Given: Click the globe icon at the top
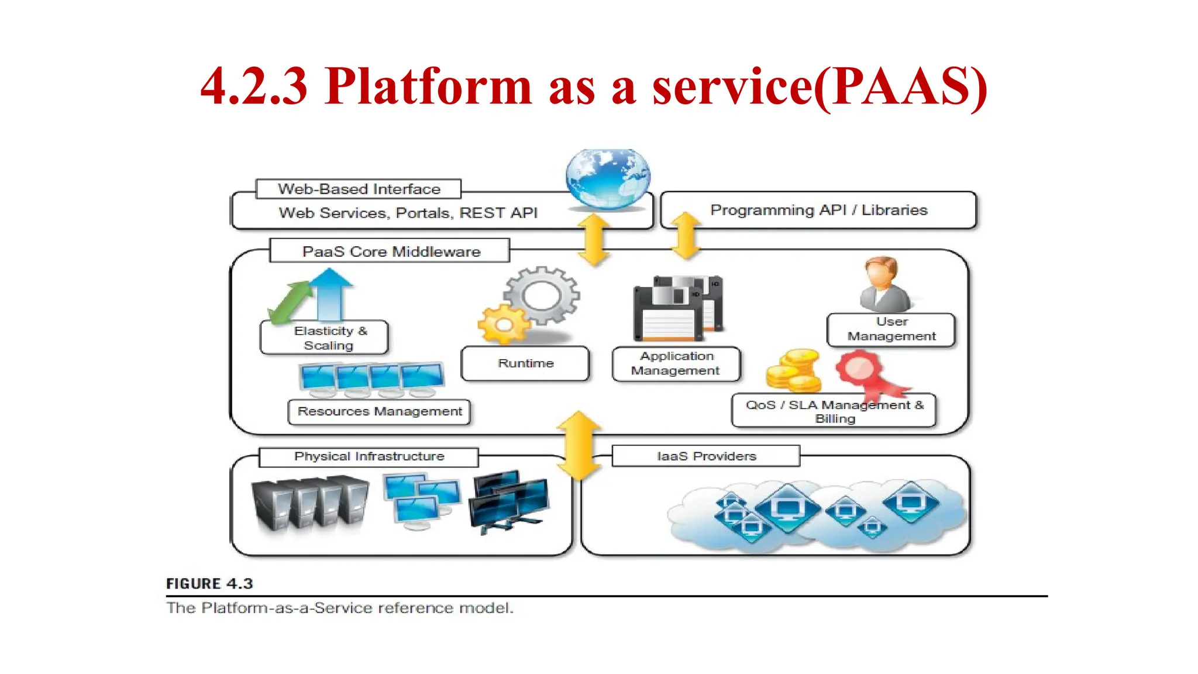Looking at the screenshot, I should pos(608,178).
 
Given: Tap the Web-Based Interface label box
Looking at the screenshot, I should pos(359,189).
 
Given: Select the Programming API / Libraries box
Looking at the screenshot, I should pos(818,210).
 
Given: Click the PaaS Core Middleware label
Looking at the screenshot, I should pos(390,252).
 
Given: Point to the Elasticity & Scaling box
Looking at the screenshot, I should pos(325,338).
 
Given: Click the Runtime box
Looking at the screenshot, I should pos(525,363).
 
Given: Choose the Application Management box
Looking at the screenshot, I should pos(676,363).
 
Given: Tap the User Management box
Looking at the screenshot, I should pos(891,329).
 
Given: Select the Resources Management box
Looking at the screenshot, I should pos(379,411).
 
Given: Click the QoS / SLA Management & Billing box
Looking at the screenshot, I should pos(834,411).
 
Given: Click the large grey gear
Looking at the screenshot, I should pos(542,295).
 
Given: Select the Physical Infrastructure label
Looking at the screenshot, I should pos(369,456).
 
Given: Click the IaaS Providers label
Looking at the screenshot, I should pos(705,456).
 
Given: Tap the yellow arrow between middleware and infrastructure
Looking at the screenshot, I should pos(579,445).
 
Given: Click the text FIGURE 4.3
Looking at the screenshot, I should pos(209,583).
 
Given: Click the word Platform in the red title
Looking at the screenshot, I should pos(428,86).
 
